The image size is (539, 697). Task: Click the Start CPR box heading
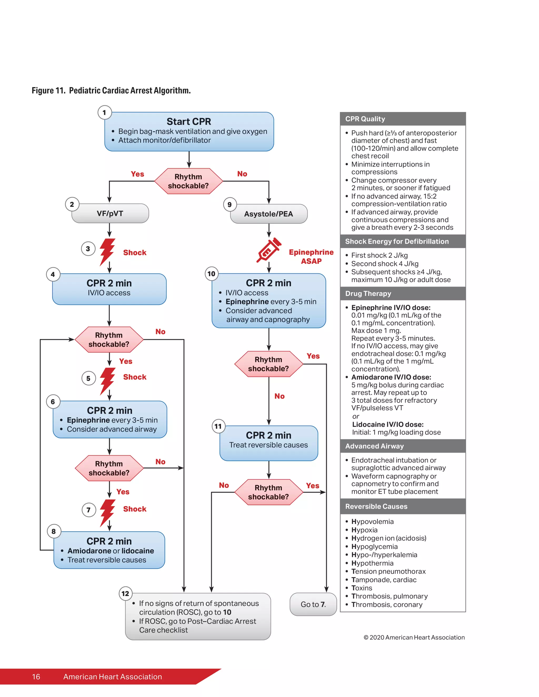(189, 122)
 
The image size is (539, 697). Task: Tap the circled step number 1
(104, 113)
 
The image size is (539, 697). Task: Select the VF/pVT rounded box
(110, 214)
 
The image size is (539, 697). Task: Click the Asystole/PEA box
(268, 214)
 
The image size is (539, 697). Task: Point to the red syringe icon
(268, 251)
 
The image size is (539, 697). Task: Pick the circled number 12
(125, 594)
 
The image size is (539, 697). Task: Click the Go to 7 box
(313, 604)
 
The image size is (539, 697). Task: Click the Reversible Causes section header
(403, 507)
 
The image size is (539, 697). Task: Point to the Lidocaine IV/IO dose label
(388, 425)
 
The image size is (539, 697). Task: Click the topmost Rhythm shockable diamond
(188, 181)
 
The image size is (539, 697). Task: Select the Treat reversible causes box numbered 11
(268, 443)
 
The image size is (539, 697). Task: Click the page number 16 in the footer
(36, 676)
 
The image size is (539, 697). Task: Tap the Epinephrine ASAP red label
(311, 257)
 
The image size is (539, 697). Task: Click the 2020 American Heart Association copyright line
(414, 637)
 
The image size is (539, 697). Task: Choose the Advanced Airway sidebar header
(403, 446)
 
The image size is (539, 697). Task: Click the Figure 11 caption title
(111, 91)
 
